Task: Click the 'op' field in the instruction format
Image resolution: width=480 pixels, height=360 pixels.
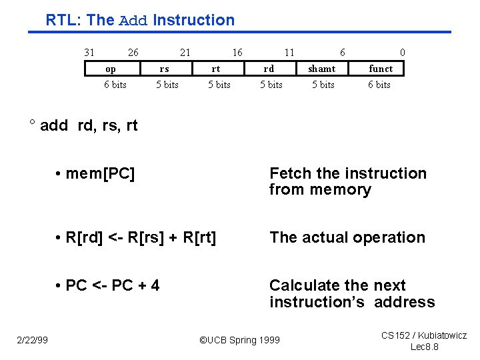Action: [111, 69]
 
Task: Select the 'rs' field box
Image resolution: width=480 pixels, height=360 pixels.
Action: [164, 69]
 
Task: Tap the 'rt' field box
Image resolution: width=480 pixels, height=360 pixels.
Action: [216, 69]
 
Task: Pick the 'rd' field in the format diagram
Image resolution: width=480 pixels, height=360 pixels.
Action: [269, 69]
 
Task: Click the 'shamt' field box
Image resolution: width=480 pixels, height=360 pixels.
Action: [322, 69]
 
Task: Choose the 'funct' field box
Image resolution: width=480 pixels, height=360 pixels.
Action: [381, 69]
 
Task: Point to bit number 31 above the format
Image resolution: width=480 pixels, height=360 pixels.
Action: [89, 53]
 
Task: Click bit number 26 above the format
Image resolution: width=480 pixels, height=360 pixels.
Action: [133, 53]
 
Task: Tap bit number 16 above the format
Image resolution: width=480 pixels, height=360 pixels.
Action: [237, 53]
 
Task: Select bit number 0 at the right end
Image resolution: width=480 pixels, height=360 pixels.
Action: [402, 53]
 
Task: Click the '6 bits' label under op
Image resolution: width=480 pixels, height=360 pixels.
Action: [115, 85]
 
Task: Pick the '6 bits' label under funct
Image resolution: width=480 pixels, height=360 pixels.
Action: [379, 85]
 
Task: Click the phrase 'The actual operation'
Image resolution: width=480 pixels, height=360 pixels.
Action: [347, 237]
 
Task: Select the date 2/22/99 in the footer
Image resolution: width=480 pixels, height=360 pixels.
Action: [32, 340]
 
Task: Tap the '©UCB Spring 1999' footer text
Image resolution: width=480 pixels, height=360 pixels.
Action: [240, 340]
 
